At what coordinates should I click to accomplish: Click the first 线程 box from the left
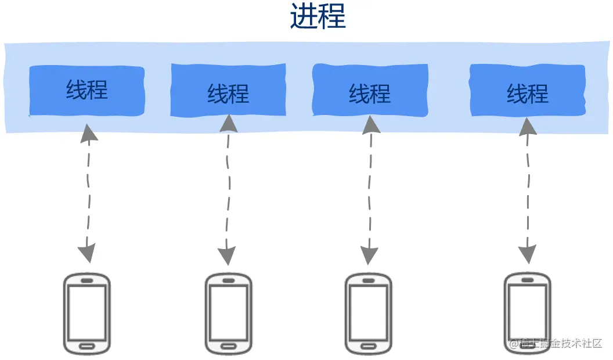pos(86,91)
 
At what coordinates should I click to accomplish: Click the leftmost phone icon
pos(86,313)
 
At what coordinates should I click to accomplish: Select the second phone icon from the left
pos(228,314)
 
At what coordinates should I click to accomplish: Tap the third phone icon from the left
pos(369,314)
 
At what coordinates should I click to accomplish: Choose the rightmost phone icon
pos(527,313)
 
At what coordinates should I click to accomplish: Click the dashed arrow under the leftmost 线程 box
pos(88,192)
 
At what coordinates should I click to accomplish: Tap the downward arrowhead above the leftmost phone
pos(86,253)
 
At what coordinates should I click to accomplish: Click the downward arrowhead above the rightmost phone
pos(527,253)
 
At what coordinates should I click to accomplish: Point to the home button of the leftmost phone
pos(86,346)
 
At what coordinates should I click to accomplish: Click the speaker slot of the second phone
pos(228,280)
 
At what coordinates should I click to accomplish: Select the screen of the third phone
pos(369,313)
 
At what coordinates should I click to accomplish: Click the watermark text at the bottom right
pos(556,343)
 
